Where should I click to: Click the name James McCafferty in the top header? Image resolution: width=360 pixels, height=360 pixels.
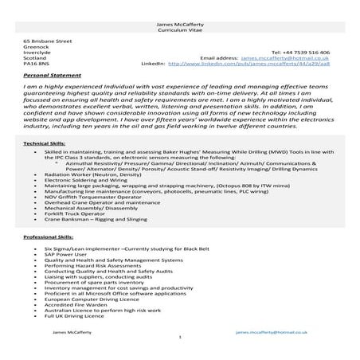(x=180, y=25)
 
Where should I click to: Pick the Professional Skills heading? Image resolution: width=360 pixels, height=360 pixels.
(x=49, y=238)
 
